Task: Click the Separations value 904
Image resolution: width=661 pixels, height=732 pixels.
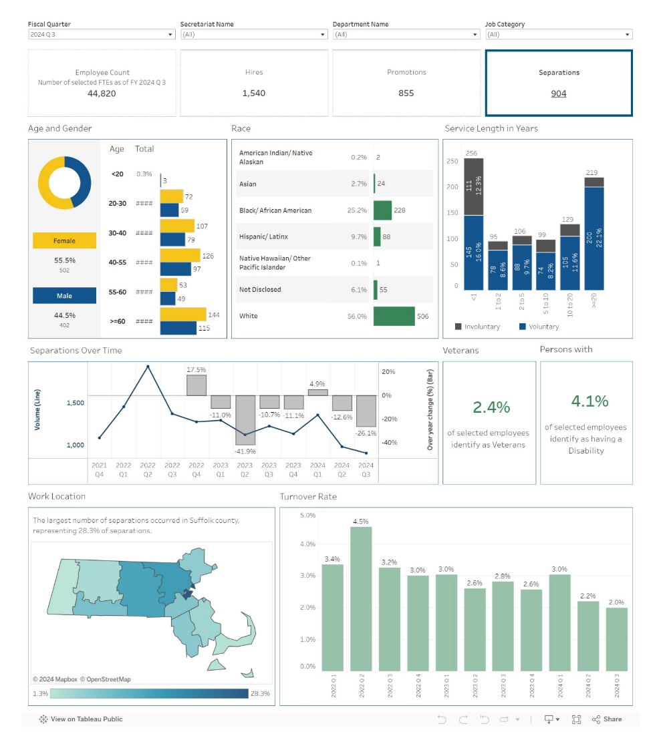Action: (559, 94)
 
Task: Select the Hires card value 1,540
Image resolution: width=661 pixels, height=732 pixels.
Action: (254, 94)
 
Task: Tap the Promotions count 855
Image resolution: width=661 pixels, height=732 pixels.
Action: (406, 94)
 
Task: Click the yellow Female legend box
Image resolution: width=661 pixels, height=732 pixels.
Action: (64, 240)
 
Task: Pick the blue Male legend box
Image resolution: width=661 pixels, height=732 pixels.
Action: (64, 296)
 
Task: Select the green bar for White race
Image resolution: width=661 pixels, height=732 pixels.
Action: (394, 316)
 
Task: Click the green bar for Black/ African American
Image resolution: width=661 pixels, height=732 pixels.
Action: (382, 210)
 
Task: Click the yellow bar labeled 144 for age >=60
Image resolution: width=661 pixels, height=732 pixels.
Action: (183, 315)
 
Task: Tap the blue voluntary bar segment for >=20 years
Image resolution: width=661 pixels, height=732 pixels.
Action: (594, 238)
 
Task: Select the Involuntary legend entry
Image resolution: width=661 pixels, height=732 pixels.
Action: (478, 327)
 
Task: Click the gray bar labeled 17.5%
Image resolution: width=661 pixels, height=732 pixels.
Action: (196, 385)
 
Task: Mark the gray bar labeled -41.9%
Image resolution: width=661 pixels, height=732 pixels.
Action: (245, 419)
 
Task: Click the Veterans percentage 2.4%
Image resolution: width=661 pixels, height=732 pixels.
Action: (491, 407)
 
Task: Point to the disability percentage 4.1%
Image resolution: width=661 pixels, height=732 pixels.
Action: (589, 401)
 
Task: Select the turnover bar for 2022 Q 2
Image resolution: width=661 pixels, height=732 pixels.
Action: (361, 598)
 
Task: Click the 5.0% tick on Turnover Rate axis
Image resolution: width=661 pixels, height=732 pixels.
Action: (307, 516)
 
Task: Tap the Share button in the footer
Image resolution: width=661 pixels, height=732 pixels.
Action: (608, 719)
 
